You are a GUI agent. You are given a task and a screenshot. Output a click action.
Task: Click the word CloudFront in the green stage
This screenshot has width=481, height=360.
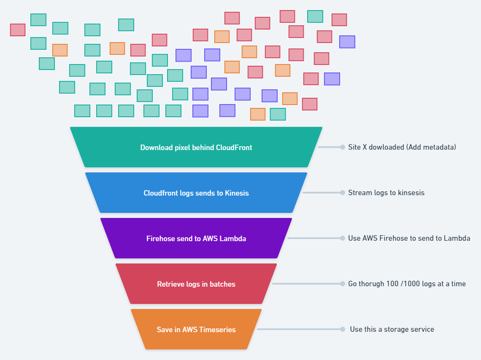point(234,148)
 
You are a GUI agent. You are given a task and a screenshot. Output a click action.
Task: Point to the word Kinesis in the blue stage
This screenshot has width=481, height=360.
point(237,193)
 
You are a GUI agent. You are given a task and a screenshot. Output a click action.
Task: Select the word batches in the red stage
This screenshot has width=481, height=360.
point(222,284)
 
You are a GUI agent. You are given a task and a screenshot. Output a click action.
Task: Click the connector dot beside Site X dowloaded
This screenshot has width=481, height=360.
point(343,147)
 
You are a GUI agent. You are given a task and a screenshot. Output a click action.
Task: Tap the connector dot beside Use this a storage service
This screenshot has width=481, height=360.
point(343,329)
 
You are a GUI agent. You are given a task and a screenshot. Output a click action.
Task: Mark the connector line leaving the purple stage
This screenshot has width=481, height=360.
point(314,238)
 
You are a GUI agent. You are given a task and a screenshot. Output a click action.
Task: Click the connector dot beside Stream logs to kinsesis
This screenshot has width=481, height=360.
point(343,193)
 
